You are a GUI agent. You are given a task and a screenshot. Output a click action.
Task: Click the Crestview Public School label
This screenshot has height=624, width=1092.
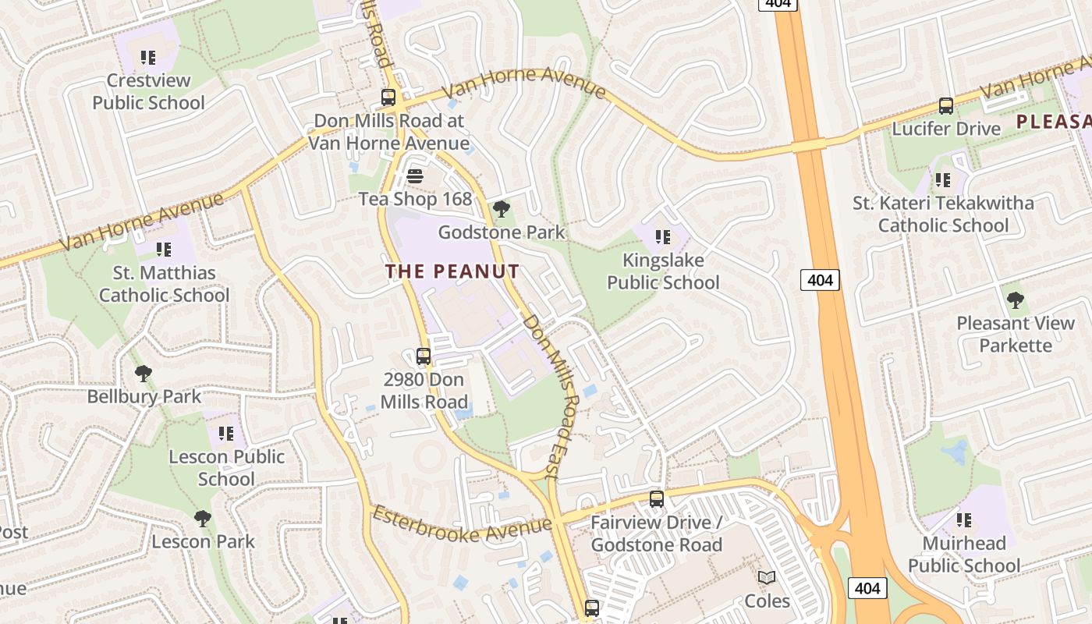point(148,91)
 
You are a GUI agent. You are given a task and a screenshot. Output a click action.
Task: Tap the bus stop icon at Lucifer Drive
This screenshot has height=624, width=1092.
point(946,105)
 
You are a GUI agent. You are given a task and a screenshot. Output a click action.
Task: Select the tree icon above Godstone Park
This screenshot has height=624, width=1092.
point(502,208)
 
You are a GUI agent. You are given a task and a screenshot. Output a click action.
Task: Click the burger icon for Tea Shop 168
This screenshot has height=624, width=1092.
point(415,175)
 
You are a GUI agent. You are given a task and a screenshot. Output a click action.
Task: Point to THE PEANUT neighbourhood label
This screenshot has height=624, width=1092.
point(452,271)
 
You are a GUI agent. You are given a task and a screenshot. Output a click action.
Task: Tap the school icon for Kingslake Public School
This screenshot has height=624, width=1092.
point(663,236)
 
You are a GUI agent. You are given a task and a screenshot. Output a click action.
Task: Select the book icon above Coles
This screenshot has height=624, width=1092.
point(767,578)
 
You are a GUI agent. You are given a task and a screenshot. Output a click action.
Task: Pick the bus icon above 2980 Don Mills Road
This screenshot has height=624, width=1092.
point(424,356)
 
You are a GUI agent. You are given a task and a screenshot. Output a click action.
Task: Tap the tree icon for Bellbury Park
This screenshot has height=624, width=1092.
point(144,373)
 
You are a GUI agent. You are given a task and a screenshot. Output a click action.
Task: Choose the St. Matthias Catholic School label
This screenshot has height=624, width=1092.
point(164,284)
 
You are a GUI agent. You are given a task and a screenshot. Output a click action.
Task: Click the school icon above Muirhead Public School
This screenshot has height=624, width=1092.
point(964,519)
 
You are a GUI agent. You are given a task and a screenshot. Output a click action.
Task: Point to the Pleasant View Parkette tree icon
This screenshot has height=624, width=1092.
point(1015,300)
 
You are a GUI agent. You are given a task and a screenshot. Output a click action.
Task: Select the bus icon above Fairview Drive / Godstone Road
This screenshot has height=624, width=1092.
point(657,498)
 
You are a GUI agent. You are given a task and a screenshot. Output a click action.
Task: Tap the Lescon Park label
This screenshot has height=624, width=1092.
point(203,541)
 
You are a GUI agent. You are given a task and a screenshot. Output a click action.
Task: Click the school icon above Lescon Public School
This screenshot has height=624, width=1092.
point(226,433)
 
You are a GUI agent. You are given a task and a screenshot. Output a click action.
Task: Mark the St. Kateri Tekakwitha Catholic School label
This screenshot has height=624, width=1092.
point(943,214)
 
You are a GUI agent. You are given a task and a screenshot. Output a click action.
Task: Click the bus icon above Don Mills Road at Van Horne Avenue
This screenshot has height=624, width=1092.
point(388,97)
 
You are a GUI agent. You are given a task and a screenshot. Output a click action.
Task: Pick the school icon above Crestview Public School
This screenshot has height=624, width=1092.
point(148,57)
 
